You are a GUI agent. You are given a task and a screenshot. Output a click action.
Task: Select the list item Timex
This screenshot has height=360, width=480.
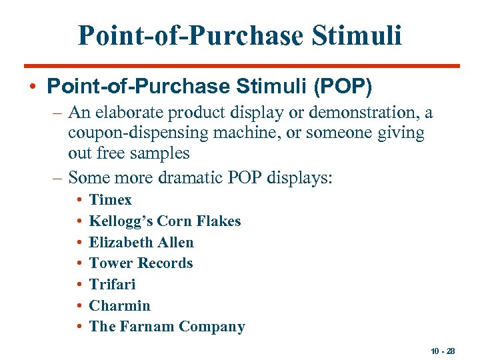tap(111, 200)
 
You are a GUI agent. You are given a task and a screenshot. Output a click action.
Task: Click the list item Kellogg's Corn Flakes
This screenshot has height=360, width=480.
tap(165, 221)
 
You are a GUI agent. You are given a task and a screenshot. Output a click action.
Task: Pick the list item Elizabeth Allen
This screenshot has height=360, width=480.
tap(141, 243)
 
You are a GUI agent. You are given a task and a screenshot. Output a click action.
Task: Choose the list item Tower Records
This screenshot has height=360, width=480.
tap(141, 263)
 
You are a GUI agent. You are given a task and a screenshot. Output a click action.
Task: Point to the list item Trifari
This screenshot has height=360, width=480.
tap(112, 285)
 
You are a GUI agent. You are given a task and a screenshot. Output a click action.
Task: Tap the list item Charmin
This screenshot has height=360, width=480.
tap(120, 306)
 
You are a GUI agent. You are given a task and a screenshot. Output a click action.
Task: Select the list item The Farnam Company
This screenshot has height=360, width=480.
tap(167, 327)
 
